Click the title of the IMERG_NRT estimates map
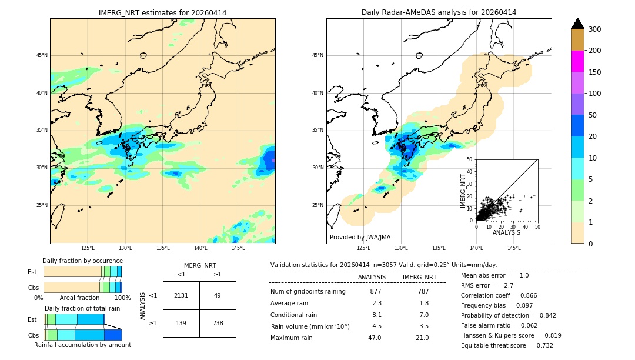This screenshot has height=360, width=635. tap(162, 12)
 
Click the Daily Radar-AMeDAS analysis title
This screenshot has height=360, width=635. tap(439, 12)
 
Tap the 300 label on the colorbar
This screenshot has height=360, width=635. tap(594, 29)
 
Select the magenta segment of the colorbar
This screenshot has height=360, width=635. tap(577, 61)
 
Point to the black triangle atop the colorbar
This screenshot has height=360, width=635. tap(577, 24)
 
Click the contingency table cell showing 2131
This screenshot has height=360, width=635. tap(181, 295)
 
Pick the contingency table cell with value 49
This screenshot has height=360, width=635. tap(218, 295)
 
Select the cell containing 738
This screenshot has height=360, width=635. tap(218, 324)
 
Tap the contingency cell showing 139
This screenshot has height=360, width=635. tap(181, 324)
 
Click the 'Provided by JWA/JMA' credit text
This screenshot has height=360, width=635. tap(360, 237)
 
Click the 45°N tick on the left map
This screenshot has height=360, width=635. tap(42, 55)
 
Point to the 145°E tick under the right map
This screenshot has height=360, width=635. tap(514, 248)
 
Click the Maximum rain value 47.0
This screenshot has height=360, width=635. tap(375, 338)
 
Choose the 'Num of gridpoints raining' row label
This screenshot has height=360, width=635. tap(308, 291)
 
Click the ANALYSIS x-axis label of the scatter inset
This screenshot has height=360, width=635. tap(506, 232)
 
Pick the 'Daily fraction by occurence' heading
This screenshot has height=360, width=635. tap(82, 261)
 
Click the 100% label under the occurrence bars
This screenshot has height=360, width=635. tap(122, 298)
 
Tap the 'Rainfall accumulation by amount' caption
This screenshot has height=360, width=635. tap(82, 345)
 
